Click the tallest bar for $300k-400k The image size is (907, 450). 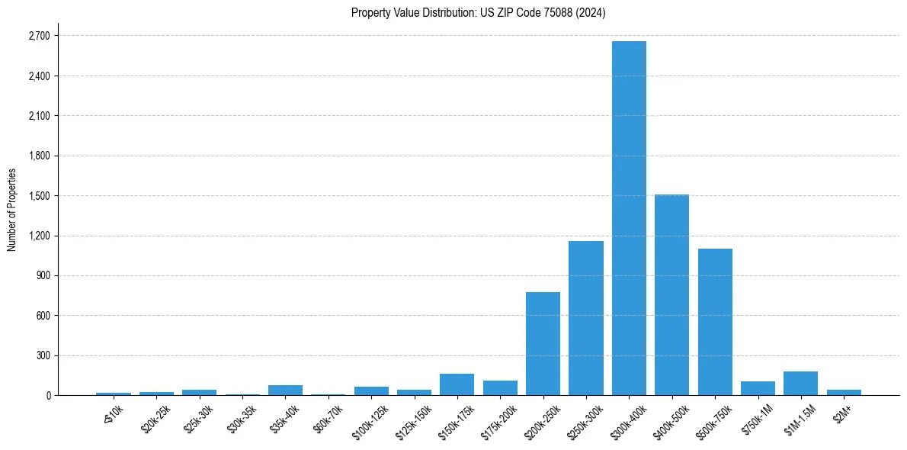coord(629,218)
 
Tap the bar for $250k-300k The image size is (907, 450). coord(585,318)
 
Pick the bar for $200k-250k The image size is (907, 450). coord(543,343)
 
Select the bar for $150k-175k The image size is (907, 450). coord(457,384)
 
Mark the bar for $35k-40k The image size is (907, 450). coord(285,390)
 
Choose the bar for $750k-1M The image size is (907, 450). coord(758,388)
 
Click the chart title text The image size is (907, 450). coord(478,13)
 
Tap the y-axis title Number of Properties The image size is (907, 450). coord(12,209)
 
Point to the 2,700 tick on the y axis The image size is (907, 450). coord(38,36)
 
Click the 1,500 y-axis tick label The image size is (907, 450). coord(38,196)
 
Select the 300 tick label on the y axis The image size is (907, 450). coord(42,355)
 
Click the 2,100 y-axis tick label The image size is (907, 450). coord(38,116)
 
